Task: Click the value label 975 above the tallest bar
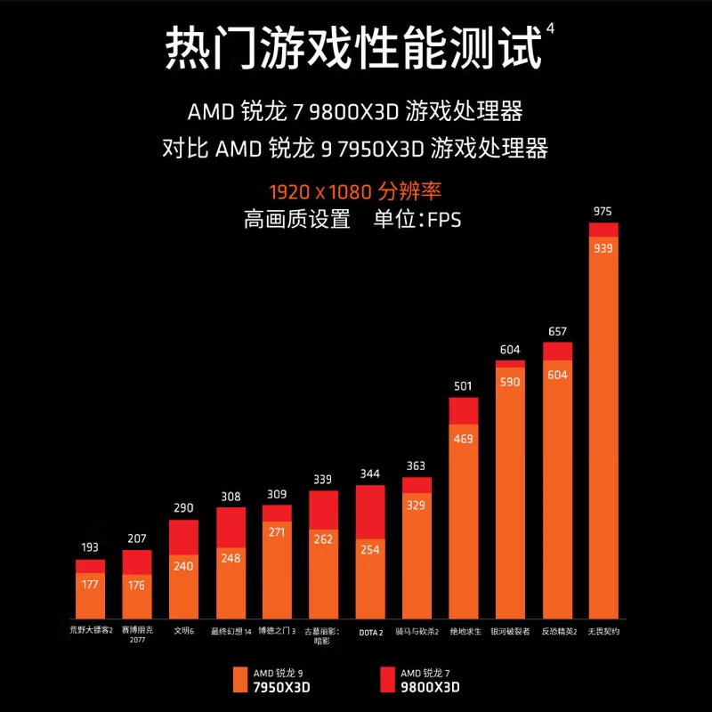coord(603,212)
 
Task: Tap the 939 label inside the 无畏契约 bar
coord(603,248)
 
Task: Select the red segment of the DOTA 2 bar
coord(369,512)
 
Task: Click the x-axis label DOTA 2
coord(369,632)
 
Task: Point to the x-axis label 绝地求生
coord(465,631)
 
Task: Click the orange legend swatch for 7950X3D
coord(239,678)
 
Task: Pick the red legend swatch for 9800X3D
coord(386,678)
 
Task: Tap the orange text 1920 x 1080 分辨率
coord(355,190)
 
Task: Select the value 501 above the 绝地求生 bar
coord(463,386)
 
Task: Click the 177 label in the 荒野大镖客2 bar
coord(90,584)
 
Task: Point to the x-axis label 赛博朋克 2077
coord(137,635)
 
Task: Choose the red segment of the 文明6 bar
coord(183,538)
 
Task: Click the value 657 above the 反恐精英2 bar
coord(557,331)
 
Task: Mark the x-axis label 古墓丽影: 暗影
coord(322,635)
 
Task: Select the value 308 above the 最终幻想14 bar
coord(231,497)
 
